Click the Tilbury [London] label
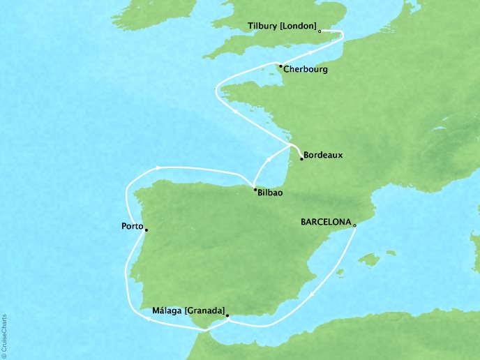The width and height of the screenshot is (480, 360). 282,27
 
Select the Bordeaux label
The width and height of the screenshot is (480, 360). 325,156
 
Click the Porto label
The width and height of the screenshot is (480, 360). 131,227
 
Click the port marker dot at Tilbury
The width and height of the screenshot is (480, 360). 319,31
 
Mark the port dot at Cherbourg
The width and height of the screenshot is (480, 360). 280,66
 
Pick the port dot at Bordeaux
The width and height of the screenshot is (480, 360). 301,159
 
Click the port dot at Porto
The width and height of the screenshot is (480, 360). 146,230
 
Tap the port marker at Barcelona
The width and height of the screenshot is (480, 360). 354,225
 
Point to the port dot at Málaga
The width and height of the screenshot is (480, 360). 227,315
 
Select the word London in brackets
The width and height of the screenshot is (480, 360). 299,27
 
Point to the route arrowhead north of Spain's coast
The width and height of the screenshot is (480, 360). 159,166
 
